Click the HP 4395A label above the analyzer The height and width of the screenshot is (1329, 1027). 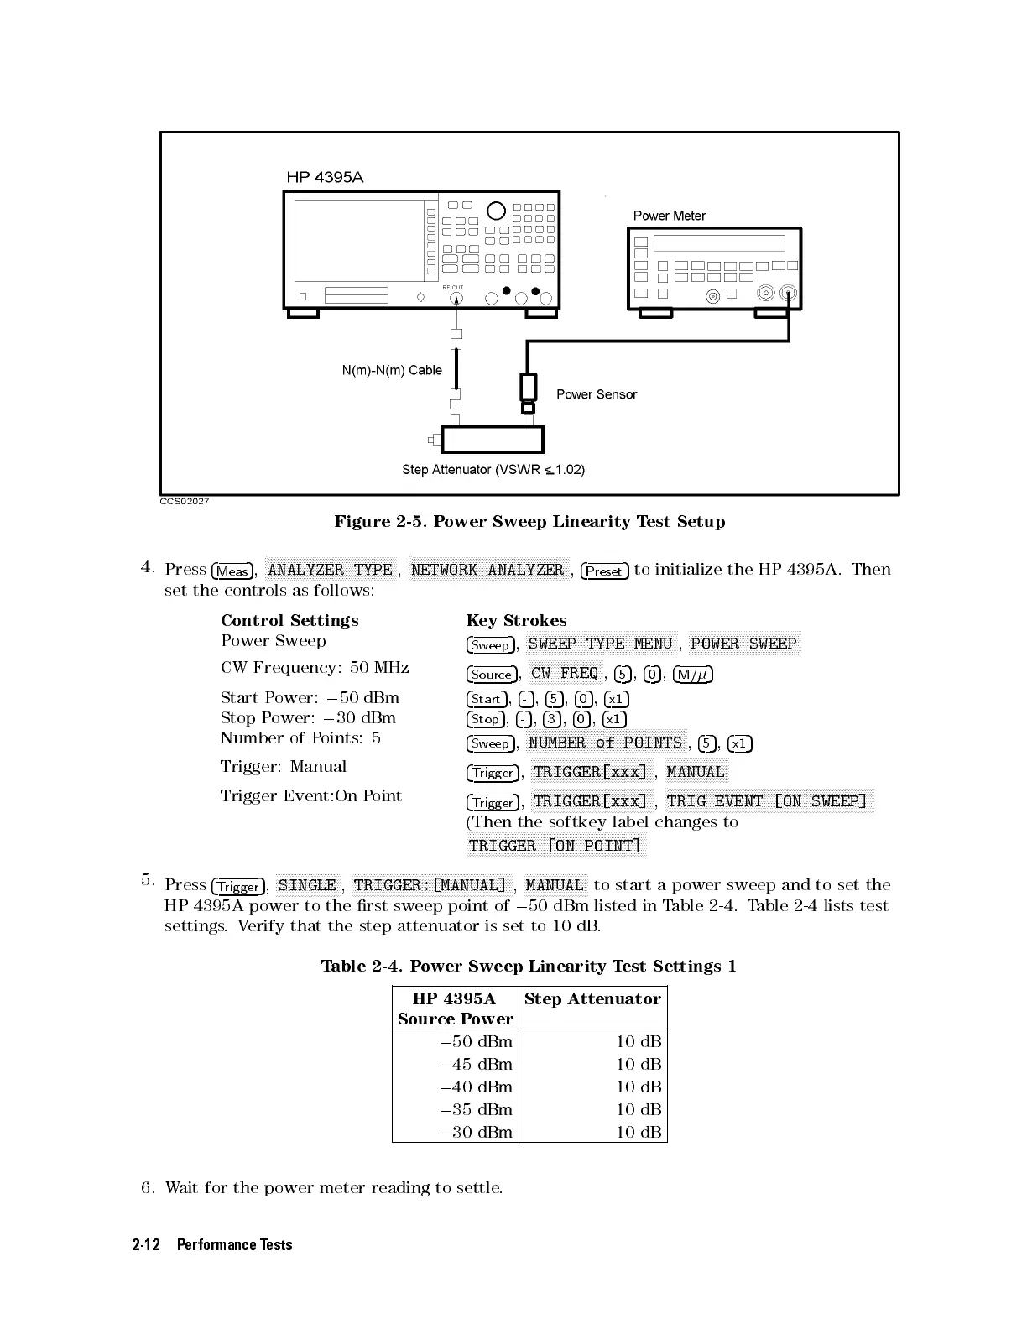tap(325, 177)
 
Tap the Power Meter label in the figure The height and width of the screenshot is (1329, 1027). tap(669, 216)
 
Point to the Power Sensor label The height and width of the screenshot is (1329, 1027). tap(596, 394)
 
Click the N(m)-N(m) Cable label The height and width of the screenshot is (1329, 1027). tap(392, 370)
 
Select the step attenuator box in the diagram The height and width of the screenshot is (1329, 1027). tap(493, 440)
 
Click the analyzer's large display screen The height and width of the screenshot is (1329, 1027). tap(359, 240)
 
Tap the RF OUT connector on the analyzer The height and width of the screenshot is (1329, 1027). tap(456, 298)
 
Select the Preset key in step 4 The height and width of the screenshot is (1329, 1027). tap(604, 571)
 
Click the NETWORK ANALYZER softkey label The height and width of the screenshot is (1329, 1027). tap(487, 570)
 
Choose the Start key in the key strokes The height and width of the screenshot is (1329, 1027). tap(486, 699)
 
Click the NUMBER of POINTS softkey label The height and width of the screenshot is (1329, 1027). tap(605, 743)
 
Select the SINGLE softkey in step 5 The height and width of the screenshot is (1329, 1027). tap(307, 885)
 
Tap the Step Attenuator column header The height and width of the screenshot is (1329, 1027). tap(592, 998)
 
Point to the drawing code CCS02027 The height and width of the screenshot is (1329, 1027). tap(185, 502)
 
